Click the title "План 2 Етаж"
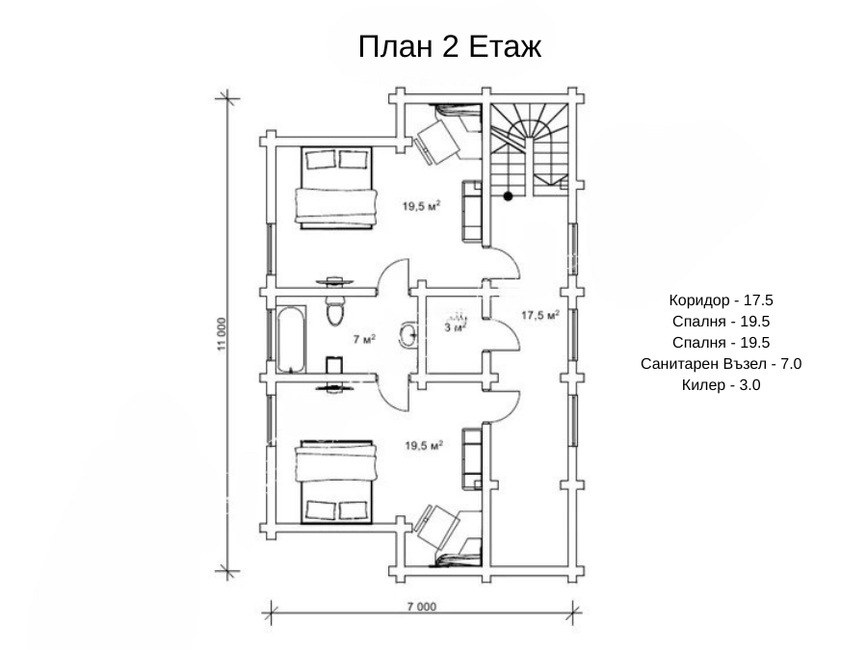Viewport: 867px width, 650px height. [x=450, y=46]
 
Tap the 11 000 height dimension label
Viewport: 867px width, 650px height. [x=222, y=335]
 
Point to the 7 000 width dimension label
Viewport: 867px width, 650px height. [x=422, y=607]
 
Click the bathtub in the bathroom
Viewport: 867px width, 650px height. [x=291, y=339]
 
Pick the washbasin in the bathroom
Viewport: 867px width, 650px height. [x=408, y=334]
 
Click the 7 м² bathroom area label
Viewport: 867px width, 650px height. [x=364, y=339]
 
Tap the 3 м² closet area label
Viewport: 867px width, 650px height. [x=456, y=327]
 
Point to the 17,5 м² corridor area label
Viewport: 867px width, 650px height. [x=540, y=315]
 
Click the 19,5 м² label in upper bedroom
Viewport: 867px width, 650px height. [x=421, y=206]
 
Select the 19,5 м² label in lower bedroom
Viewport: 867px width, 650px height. [x=424, y=446]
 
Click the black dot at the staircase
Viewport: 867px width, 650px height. [x=508, y=196]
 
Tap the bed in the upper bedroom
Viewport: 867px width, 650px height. [x=336, y=188]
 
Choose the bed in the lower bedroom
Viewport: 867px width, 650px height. [x=336, y=482]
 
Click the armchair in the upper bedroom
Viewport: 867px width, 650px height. [x=438, y=141]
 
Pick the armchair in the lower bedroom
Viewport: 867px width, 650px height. [x=438, y=528]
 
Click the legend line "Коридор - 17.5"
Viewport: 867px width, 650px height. [x=721, y=300]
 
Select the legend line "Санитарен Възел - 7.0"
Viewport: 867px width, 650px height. [x=721, y=364]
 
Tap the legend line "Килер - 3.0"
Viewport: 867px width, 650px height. [x=721, y=384]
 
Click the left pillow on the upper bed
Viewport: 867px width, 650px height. [x=320, y=160]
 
